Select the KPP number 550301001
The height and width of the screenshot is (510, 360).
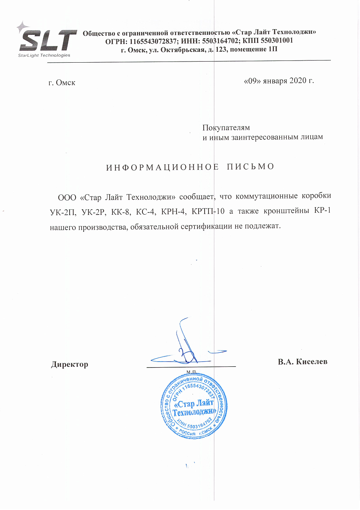(277, 40)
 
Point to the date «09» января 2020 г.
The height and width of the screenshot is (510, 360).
(279, 81)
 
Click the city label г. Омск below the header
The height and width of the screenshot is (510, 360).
(62, 83)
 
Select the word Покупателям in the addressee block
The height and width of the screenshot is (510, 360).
(226, 127)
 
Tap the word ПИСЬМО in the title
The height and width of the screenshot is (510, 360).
(250, 166)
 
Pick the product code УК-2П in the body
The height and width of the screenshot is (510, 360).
(63, 212)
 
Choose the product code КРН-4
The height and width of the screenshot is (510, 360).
(174, 212)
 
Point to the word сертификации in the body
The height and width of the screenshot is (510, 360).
(206, 226)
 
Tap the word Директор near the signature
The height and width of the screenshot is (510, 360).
(70, 364)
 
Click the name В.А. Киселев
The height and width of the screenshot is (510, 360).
(302, 362)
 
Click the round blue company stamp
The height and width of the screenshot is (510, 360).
(194, 407)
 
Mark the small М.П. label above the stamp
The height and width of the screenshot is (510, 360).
(192, 372)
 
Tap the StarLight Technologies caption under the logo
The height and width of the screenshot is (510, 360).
(44, 55)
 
